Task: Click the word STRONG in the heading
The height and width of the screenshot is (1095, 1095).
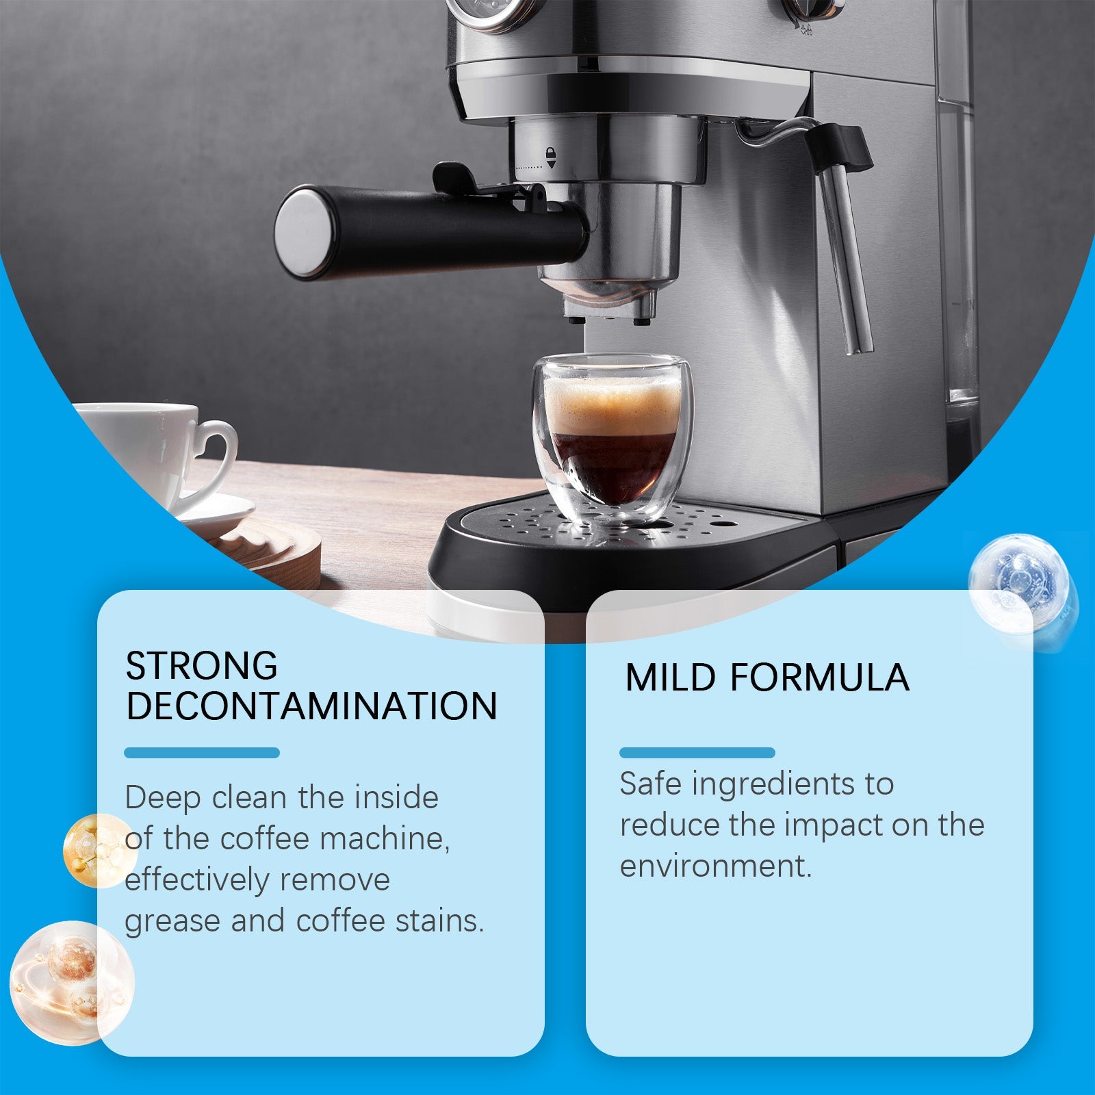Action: point(201,666)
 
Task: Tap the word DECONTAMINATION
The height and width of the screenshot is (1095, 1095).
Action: point(311,707)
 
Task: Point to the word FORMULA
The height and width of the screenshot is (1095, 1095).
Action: point(819,678)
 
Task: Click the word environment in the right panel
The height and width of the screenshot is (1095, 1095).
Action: point(714,866)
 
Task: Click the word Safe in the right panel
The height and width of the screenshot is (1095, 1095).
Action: point(651,784)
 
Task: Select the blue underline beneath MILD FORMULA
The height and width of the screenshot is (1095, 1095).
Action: point(697,753)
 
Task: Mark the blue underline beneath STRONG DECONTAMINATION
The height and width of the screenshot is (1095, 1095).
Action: point(202,753)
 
